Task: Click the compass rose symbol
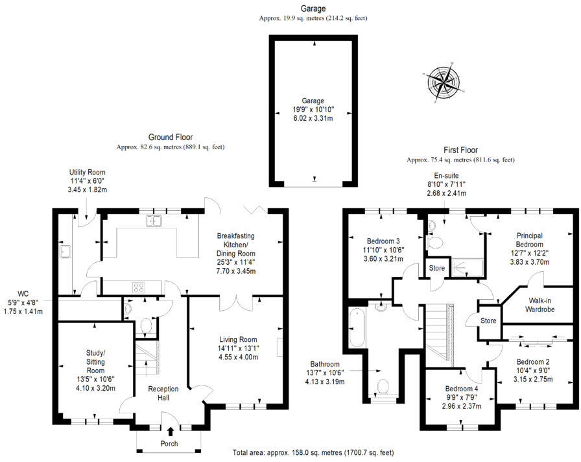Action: pos(444,82)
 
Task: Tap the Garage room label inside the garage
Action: pos(314,101)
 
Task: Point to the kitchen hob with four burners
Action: pos(139,286)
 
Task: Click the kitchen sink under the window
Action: pos(154,221)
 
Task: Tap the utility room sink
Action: pos(65,250)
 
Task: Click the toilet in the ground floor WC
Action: pos(146,325)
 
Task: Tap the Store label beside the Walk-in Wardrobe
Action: pos(488,321)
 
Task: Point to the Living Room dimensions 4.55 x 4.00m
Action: pos(237,356)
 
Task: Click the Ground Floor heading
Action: pos(170,137)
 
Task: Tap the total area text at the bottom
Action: pos(313,452)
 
